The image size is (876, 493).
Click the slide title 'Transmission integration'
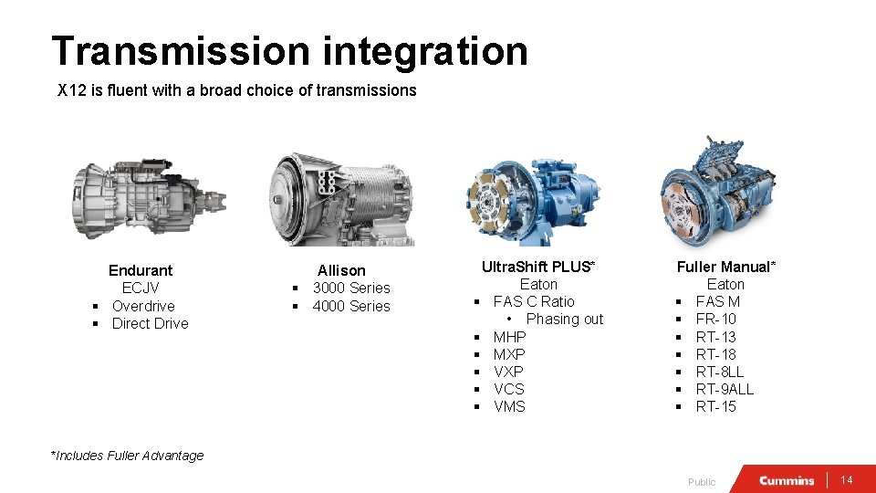(x=289, y=51)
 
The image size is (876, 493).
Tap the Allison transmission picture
(x=341, y=199)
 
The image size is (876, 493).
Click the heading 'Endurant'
(x=141, y=270)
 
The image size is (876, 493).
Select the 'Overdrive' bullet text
(x=143, y=306)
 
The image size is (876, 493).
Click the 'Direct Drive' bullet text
(x=150, y=323)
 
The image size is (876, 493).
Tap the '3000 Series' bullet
(x=350, y=288)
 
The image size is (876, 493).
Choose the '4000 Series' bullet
(x=350, y=306)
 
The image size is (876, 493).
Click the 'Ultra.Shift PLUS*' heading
(x=537, y=267)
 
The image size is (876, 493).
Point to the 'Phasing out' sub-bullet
(x=564, y=319)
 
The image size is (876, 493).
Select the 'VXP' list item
(x=508, y=372)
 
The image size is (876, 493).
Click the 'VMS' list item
(x=509, y=406)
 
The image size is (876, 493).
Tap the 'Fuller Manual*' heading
(x=725, y=267)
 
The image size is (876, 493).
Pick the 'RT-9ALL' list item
(x=725, y=389)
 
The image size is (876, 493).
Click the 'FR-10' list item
(x=715, y=319)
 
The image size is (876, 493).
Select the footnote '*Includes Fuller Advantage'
(x=129, y=456)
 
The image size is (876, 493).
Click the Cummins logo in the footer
(x=787, y=480)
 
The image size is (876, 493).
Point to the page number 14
(x=846, y=480)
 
